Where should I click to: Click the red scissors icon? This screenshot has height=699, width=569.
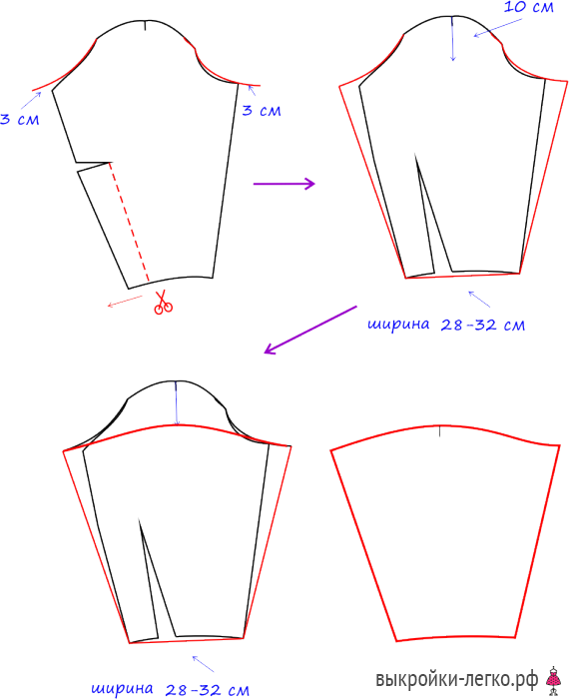pyautogui.click(x=163, y=303)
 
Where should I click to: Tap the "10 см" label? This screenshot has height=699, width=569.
pyautogui.click(x=528, y=7)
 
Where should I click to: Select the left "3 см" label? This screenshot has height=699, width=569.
pyautogui.click(x=20, y=119)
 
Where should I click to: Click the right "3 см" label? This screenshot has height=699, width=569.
pyautogui.click(x=262, y=110)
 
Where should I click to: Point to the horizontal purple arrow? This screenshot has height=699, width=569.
pyautogui.click(x=284, y=183)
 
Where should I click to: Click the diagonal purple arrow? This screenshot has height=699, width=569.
pyautogui.click(x=310, y=330)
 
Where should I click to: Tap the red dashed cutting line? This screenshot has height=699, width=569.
pyautogui.click(x=129, y=222)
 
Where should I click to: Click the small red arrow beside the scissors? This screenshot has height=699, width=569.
pyautogui.click(x=125, y=302)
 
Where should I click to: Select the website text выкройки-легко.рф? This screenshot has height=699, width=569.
pyautogui.click(x=457, y=679)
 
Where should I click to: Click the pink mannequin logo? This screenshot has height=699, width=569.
pyautogui.click(x=553, y=680)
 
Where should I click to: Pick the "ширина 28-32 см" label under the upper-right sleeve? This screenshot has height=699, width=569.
pyautogui.click(x=446, y=325)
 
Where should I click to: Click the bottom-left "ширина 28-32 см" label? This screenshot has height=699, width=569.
pyautogui.click(x=171, y=689)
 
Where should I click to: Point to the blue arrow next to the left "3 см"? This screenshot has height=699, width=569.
pyautogui.click(x=31, y=100)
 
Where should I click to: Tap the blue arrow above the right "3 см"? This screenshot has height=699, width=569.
pyautogui.click(x=252, y=91)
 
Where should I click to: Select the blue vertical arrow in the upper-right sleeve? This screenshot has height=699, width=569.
pyautogui.click(x=453, y=39)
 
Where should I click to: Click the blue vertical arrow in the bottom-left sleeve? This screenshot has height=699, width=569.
pyautogui.click(x=177, y=403)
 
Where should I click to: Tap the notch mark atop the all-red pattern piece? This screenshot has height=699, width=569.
pyautogui.click(x=440, y=431)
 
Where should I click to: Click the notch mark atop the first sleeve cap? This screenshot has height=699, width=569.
pyautogui.click(x=145, y=26)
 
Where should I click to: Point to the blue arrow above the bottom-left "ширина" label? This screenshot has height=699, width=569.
pyautogui.click(x=204, y=664)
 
